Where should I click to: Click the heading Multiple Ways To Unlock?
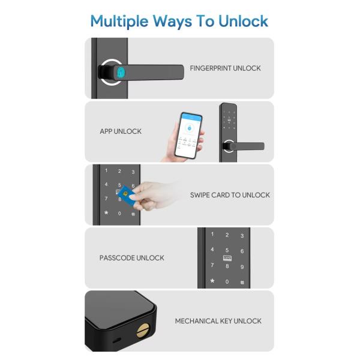coord(179,21)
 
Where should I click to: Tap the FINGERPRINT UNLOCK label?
coord(225,68)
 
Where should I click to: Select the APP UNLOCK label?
coord(121,131)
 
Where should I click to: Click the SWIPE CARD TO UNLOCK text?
coord(230,195)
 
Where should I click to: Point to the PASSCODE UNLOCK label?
coord(131,258)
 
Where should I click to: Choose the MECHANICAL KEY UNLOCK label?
coord(218,321)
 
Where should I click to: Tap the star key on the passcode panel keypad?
coord(212,281)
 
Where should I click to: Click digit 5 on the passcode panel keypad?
coord(227,250)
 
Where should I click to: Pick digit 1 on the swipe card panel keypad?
coord(106,172)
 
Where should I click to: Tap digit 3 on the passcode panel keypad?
coord(242,236)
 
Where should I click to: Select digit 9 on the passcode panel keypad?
coord(242,266)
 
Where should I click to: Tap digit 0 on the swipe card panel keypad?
coord(119,213)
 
